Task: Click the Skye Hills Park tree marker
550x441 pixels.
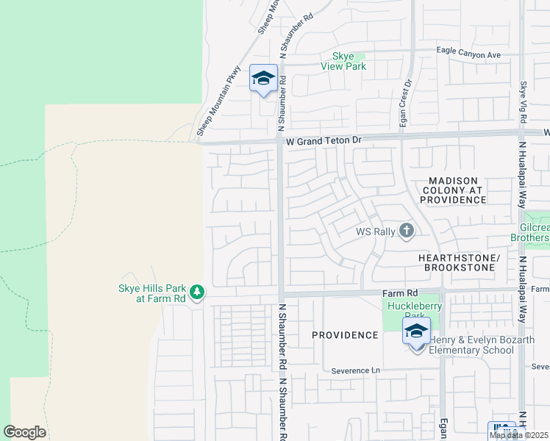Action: (196, 293)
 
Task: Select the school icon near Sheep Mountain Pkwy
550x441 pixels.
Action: (263, 79)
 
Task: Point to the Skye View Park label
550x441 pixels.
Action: (343, 61)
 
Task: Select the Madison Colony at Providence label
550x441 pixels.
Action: (453, 190)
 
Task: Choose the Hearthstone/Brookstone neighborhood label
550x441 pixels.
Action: (459, 263)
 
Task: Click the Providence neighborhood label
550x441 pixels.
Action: (344, 335)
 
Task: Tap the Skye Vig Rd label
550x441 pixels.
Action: (524, 102)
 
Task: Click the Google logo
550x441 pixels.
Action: (24, 432)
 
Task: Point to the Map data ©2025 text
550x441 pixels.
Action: (518, 435)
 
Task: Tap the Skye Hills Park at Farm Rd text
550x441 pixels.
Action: (152, 293)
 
